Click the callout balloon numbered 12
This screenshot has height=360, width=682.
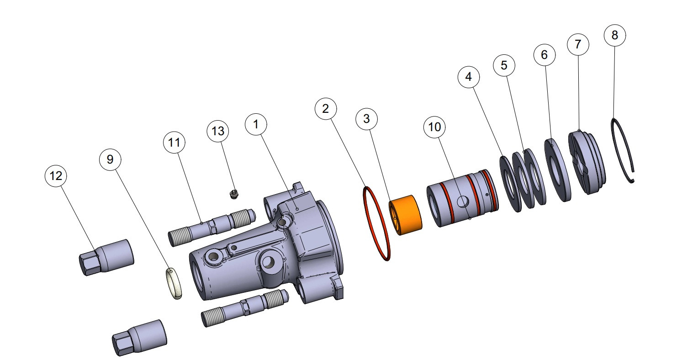[56, 176]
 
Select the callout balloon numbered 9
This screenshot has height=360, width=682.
[110, 159]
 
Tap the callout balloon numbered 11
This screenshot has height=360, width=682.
[174, 143]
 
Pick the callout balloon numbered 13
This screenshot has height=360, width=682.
[218, 131]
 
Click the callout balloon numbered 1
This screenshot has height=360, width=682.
[256, 124]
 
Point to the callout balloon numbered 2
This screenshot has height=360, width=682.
[325, 109]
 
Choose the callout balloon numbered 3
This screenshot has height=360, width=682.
[366, 119]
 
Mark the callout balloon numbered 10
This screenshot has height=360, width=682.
[434, 127]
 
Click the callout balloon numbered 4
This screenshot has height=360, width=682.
[468, 77]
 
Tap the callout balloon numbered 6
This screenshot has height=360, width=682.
[544, 55]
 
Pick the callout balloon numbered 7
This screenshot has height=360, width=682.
[578, 44]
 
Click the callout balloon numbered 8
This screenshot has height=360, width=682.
[614, 35]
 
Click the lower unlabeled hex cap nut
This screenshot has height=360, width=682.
[137, 338]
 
